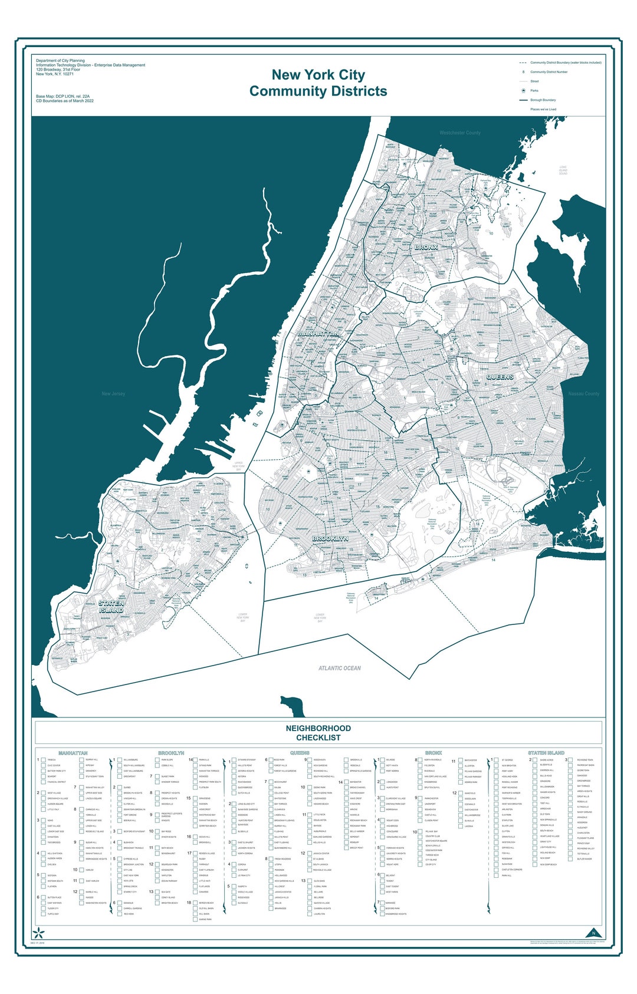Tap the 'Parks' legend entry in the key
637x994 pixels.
pos(534,91)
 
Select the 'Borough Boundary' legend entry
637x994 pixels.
pos(543,100)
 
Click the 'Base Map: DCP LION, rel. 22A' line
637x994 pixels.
pos(63,96)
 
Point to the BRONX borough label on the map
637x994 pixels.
pos(426,248)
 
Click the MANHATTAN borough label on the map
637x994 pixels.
pos(318,334)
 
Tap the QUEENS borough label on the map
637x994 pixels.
pos(500,377)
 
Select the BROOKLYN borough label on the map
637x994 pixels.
pos(330,539)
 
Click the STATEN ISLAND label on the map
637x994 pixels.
pos(111,607)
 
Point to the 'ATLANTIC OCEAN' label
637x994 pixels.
pos(340,668)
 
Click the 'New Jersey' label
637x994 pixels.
pos(113,394)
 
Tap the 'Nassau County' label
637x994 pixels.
pos(583,394)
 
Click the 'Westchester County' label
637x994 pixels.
pos(460,133)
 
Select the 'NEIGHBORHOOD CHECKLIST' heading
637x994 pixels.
pos(318,733)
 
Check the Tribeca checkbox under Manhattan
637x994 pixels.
pos(44,760)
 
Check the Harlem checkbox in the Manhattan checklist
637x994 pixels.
pos(82,870)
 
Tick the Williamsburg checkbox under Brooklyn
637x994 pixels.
pos(120,760)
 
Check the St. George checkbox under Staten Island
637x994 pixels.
pos(497,760)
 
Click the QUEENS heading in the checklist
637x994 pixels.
pos(300,753)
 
